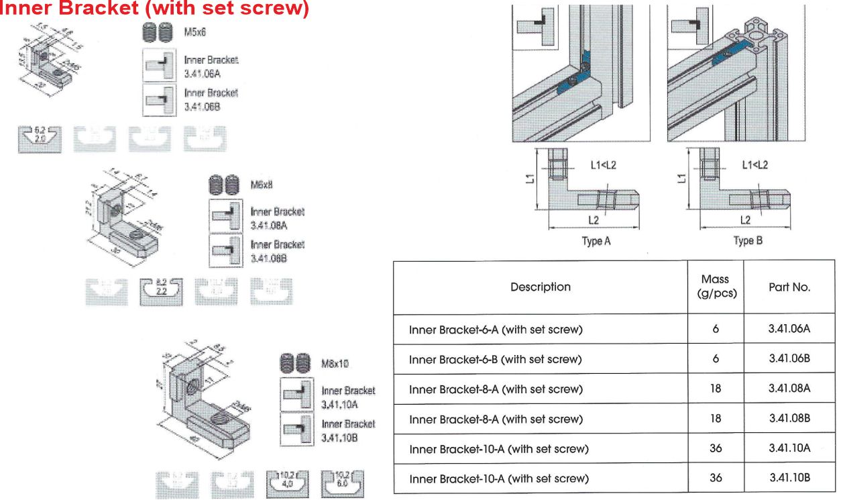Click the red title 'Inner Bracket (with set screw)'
point(156,10)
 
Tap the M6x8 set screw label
point(261,183)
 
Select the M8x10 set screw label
point(335,363)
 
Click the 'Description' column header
point(541,287)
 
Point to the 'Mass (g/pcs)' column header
point(716,287)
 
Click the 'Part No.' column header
point(789,287)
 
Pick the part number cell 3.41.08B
point(789,418)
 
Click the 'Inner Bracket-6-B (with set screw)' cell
point(496,359)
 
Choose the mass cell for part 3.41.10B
point(716,478)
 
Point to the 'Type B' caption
point(747,241)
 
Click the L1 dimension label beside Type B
point(683,178)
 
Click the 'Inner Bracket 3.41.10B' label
point(348,430)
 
